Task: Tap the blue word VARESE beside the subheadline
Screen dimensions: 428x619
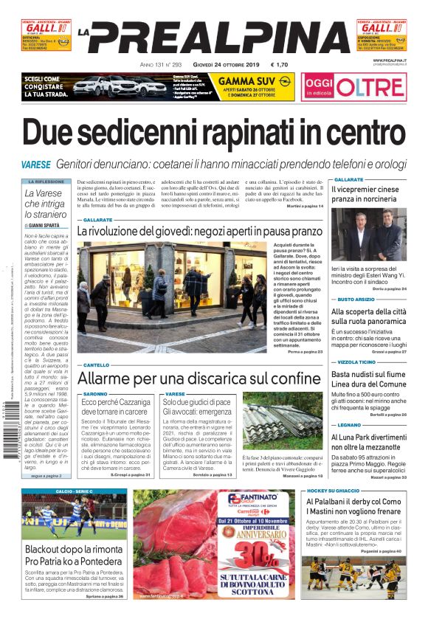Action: pyautogui.click(x=35, y=163)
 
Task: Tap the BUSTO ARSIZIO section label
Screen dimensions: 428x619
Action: pyautogui.click(x=356, y=299)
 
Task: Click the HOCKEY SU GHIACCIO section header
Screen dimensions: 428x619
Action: pyautogui.click(x=333, y=491)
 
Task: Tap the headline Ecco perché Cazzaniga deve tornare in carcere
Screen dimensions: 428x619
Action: pyautogui.click(x=115, y=407)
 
